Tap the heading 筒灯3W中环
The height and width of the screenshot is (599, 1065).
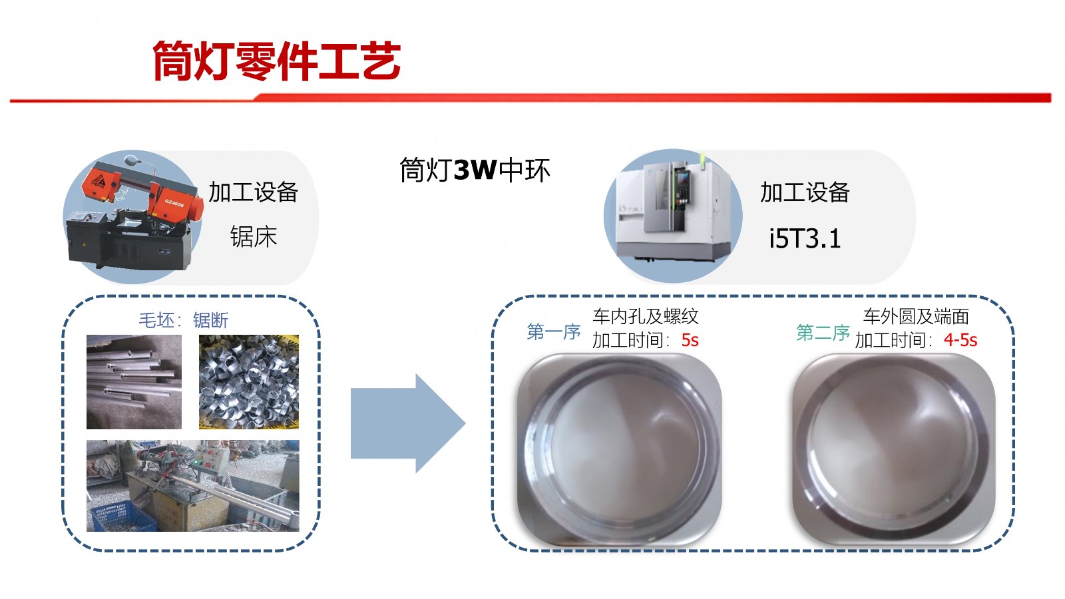pos(475,170)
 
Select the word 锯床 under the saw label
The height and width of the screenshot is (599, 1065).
pos(254,236)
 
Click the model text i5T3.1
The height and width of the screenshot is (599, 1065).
pos(805,238)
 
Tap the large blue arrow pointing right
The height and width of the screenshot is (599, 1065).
pos(408,423)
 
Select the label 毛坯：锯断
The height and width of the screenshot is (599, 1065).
pos(184,320)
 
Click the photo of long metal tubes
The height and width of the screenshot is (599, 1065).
pos(134,382)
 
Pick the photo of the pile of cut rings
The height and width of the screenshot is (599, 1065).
pos(249,382)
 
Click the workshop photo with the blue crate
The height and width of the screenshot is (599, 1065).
pos(193,485)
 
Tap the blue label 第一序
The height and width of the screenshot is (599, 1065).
pos(554,331)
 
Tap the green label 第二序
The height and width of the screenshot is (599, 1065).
pos(823,332)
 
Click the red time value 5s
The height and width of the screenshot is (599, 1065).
pos(690,340)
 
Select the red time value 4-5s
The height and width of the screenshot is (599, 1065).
pos(960,340)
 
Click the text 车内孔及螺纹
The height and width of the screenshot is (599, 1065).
pos(645,316)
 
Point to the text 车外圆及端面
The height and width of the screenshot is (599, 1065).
pos(916,316)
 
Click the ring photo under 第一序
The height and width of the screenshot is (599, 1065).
pos(620,449)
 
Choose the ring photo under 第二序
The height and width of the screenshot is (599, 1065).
pos(894,449)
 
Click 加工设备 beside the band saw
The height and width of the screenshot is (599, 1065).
pos(254,192)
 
